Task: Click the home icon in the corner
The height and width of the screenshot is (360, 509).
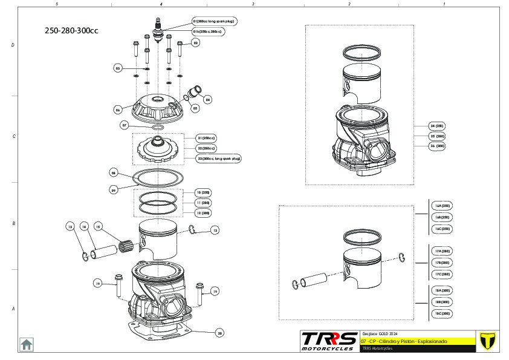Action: point(27,344)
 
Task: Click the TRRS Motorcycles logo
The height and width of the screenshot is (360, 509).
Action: point(329,340)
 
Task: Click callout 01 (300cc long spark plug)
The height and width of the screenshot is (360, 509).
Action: point(214,21)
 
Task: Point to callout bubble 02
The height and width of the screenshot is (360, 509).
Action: point(195,43)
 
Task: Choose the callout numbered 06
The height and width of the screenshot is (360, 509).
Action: point(118,110)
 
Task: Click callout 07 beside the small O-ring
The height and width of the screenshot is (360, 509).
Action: point(125,125)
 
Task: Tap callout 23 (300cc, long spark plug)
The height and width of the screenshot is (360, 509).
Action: point(218,159)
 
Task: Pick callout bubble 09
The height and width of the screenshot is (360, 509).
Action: point(113,189)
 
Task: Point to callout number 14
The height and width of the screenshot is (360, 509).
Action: point(85,227)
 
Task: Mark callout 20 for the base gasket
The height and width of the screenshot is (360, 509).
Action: point(219,332)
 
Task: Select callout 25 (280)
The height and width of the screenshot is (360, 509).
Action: point(437,136)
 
